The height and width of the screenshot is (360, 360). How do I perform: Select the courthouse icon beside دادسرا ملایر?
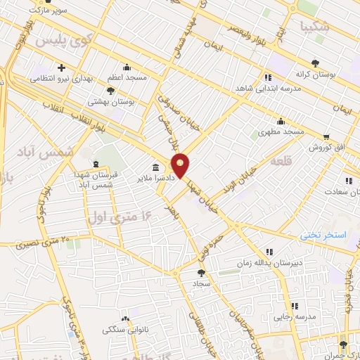[x=155, y=167]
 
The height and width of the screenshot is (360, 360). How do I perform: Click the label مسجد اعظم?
[x=127, y=77]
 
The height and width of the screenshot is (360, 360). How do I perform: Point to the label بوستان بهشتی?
[x=111, y=102]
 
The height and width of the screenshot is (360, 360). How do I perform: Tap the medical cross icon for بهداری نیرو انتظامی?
[x=62, y=67]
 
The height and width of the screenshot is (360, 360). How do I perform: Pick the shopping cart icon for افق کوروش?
[x=326, y=136]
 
